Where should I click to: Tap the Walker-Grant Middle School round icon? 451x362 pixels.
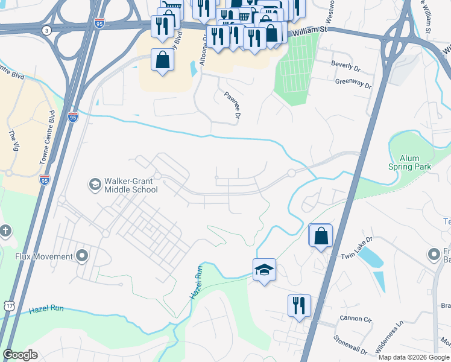pos(95,183)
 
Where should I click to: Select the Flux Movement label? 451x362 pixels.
pos(45,256)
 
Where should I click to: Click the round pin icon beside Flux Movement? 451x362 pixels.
pos(82,256)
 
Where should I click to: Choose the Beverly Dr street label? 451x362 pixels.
pos(345,63)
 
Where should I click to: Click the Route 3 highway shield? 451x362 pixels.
pos(46,30)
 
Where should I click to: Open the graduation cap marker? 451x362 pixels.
pos(264,269)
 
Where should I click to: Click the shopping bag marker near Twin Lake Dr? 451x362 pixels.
pos(320,236)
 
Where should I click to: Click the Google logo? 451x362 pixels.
pos(20,355)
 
